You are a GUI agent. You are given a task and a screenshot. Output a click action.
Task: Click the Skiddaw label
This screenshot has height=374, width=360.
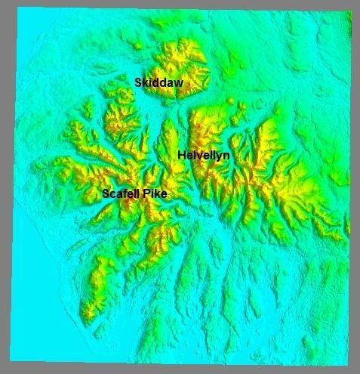tap(159, 82)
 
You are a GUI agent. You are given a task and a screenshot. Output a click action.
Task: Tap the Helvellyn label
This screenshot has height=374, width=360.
tap(204, 155)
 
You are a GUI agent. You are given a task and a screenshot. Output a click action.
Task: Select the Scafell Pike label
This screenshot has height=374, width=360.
tap(134, 194)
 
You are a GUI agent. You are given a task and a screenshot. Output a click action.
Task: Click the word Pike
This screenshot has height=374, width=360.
tap(155, 194)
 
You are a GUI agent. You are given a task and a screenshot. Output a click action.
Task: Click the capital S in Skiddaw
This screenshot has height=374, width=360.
tap(138, 82)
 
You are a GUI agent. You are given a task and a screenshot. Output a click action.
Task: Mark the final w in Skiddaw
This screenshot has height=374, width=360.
tap(179, 82)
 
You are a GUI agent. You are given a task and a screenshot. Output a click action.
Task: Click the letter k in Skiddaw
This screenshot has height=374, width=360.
tap(144, 82)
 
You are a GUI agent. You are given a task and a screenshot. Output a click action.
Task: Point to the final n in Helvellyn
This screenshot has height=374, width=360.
tap(226, 155)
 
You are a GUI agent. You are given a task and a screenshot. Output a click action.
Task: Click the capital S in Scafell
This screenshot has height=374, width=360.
tap(106, 194)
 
